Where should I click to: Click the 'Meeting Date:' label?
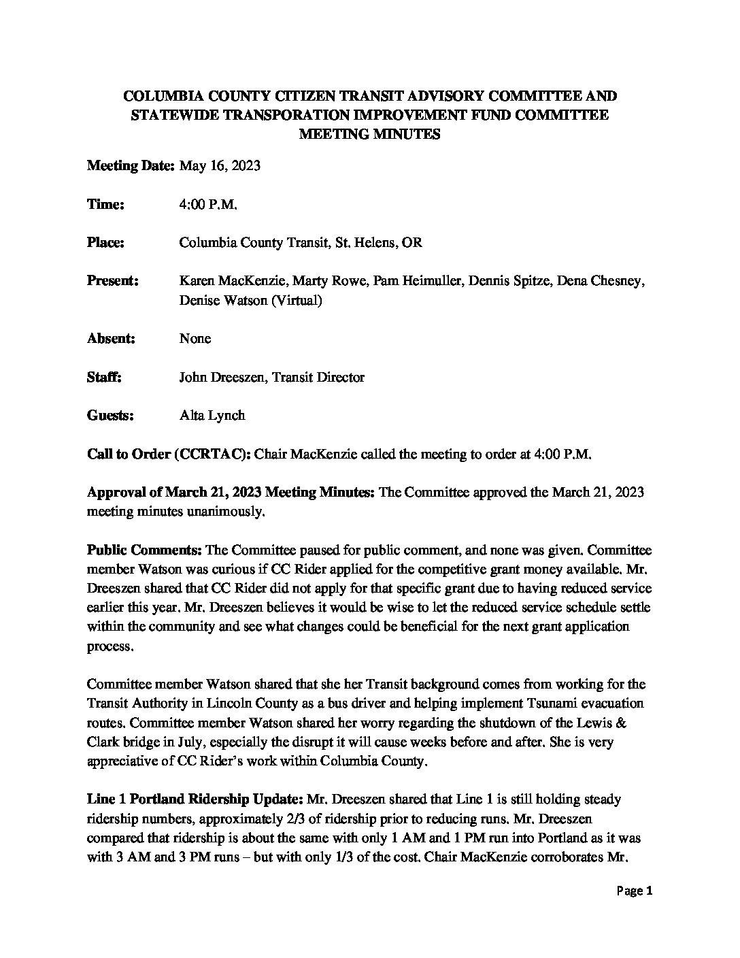click(x=131, y=166)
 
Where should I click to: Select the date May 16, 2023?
click(x=220, y=166)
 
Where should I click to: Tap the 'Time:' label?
click(x=105, y=204)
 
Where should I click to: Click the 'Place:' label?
click(x=105, y=242)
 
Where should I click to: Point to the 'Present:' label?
click(x=113, y=281)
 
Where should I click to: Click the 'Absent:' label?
click(x=111, y=338)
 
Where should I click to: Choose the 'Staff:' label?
click(x=104, y=377)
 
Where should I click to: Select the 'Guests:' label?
click(x=110, y=415)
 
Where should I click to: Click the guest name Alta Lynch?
click(x=212, y=415)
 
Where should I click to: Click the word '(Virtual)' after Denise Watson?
click(x=296, y=300)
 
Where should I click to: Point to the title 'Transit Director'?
click(x=318, y=377)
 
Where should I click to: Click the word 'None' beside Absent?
click(x=195, y=338)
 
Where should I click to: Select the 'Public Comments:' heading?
click(x=144, y=550)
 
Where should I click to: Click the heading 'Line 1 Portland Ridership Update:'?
click(x=196, y=799)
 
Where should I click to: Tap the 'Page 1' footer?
click(x=635, y=891)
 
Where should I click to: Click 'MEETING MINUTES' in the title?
click(x=370, y=134)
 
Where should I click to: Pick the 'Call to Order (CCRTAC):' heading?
click(x=169, y=454)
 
